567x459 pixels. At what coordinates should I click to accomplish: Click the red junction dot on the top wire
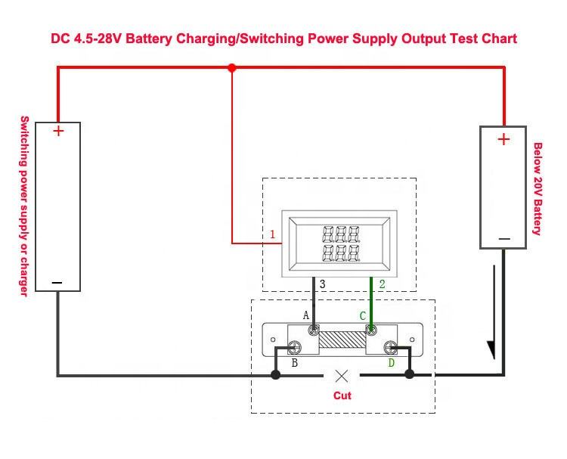point(232,68)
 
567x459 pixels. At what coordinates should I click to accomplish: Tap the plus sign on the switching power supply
point(58,131)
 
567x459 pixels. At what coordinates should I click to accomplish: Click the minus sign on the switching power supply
point(57,283)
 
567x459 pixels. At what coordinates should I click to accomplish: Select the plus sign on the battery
point(503,139)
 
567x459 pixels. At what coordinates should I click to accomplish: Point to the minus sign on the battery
point(504,239)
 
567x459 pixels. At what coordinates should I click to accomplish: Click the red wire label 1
point(273,234)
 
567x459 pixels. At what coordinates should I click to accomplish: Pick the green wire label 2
point(383,284)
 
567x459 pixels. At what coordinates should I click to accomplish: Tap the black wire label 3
point(323,284)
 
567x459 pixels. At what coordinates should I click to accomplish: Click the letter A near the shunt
point(306,315)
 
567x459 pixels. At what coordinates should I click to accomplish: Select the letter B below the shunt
point(295,363)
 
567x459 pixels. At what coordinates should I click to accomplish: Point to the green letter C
point(363,316)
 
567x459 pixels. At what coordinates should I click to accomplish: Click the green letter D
point(392,363)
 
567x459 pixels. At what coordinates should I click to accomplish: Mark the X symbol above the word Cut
point(342,376)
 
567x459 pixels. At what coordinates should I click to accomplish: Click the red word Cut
point(342,395)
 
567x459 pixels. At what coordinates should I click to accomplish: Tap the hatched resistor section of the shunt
point(342,340)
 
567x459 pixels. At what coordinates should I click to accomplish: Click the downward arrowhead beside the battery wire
point(491,350)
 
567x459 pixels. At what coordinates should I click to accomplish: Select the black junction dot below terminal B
point(275,375)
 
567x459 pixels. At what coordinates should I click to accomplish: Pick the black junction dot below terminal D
point(409,374)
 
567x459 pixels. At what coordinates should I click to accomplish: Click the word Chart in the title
point(499,39)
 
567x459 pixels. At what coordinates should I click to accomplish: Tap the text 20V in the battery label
point(538,186)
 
